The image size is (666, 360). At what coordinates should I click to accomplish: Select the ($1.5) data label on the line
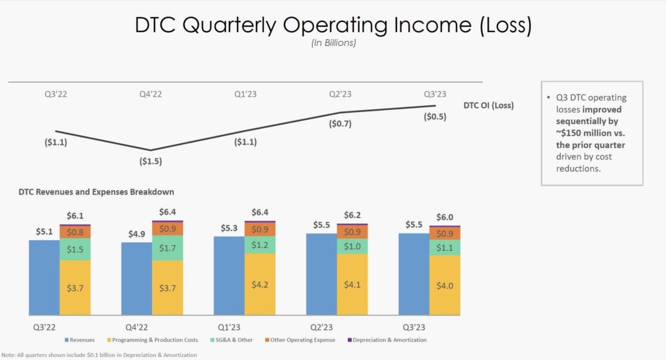150,162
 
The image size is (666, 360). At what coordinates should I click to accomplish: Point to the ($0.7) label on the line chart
340,124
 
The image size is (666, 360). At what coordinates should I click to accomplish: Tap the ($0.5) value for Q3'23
435,116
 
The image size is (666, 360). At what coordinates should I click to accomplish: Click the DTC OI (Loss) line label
488,105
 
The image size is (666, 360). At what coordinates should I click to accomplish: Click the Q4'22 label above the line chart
150,94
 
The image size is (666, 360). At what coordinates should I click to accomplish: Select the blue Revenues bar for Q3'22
44,277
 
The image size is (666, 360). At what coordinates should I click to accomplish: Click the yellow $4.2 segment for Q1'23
260,284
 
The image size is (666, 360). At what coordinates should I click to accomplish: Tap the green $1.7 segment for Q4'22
168,248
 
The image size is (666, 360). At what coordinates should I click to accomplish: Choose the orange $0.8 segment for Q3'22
75,231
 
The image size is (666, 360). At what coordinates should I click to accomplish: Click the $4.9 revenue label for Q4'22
137,234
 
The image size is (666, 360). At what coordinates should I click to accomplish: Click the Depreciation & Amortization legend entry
389,339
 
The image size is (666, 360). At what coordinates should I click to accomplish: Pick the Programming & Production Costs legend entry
152,339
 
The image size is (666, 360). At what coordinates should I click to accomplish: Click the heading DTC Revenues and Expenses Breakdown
96,192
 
